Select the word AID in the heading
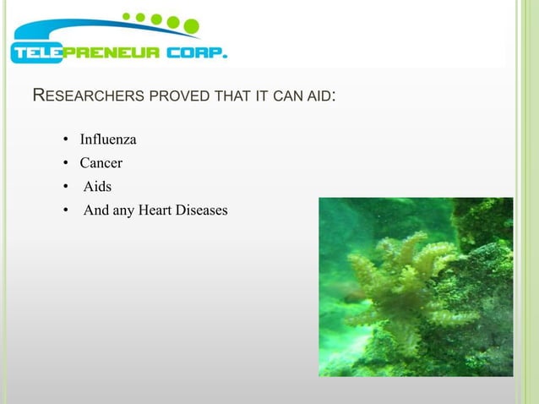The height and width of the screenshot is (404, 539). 319,96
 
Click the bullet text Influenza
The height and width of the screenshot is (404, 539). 108,139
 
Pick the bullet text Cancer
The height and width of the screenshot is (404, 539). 101,163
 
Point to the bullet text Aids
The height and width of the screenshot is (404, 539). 97,186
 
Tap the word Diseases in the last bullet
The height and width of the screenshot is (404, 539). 202,210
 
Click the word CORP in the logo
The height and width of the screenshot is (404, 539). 197,53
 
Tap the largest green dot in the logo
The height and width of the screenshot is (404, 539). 191,26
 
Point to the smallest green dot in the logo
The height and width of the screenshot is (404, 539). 127,15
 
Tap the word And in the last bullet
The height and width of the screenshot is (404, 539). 96,210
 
